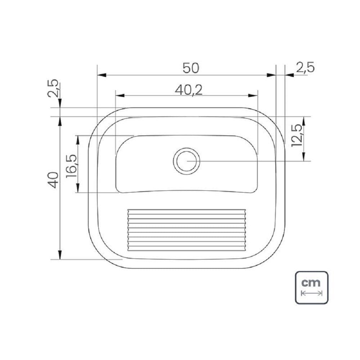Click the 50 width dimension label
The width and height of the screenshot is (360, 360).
tap(190, 68)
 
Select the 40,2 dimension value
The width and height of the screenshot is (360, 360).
tap(189, 90)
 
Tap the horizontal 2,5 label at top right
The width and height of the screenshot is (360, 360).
tap(305, 68)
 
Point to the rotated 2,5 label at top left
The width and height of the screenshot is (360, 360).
tap(54, 88)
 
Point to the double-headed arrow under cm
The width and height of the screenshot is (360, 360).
tap(312, 293)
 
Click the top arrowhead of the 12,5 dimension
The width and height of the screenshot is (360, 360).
tap(304, 121)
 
